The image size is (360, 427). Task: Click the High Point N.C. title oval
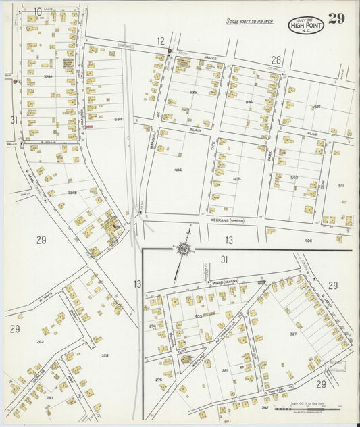[307, 26]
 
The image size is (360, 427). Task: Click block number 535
[193, 92]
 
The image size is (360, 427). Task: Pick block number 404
[178, 170]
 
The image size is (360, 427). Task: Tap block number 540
[294, 177]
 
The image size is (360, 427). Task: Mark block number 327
[294, 333]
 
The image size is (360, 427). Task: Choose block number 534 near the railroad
[118, 119]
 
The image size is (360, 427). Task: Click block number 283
[50, 398]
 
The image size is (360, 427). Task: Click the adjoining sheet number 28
[276, 60]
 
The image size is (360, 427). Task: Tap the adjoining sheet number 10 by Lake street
[38, 11]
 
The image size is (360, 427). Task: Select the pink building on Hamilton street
[88, 126]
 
